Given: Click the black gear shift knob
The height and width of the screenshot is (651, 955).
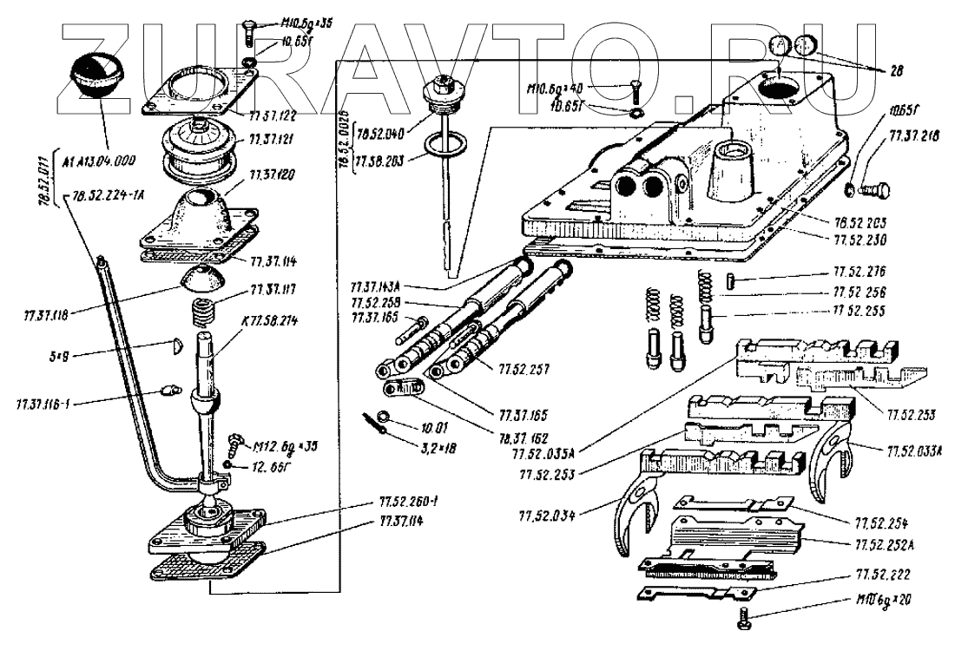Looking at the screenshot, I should (x=97, y=73).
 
